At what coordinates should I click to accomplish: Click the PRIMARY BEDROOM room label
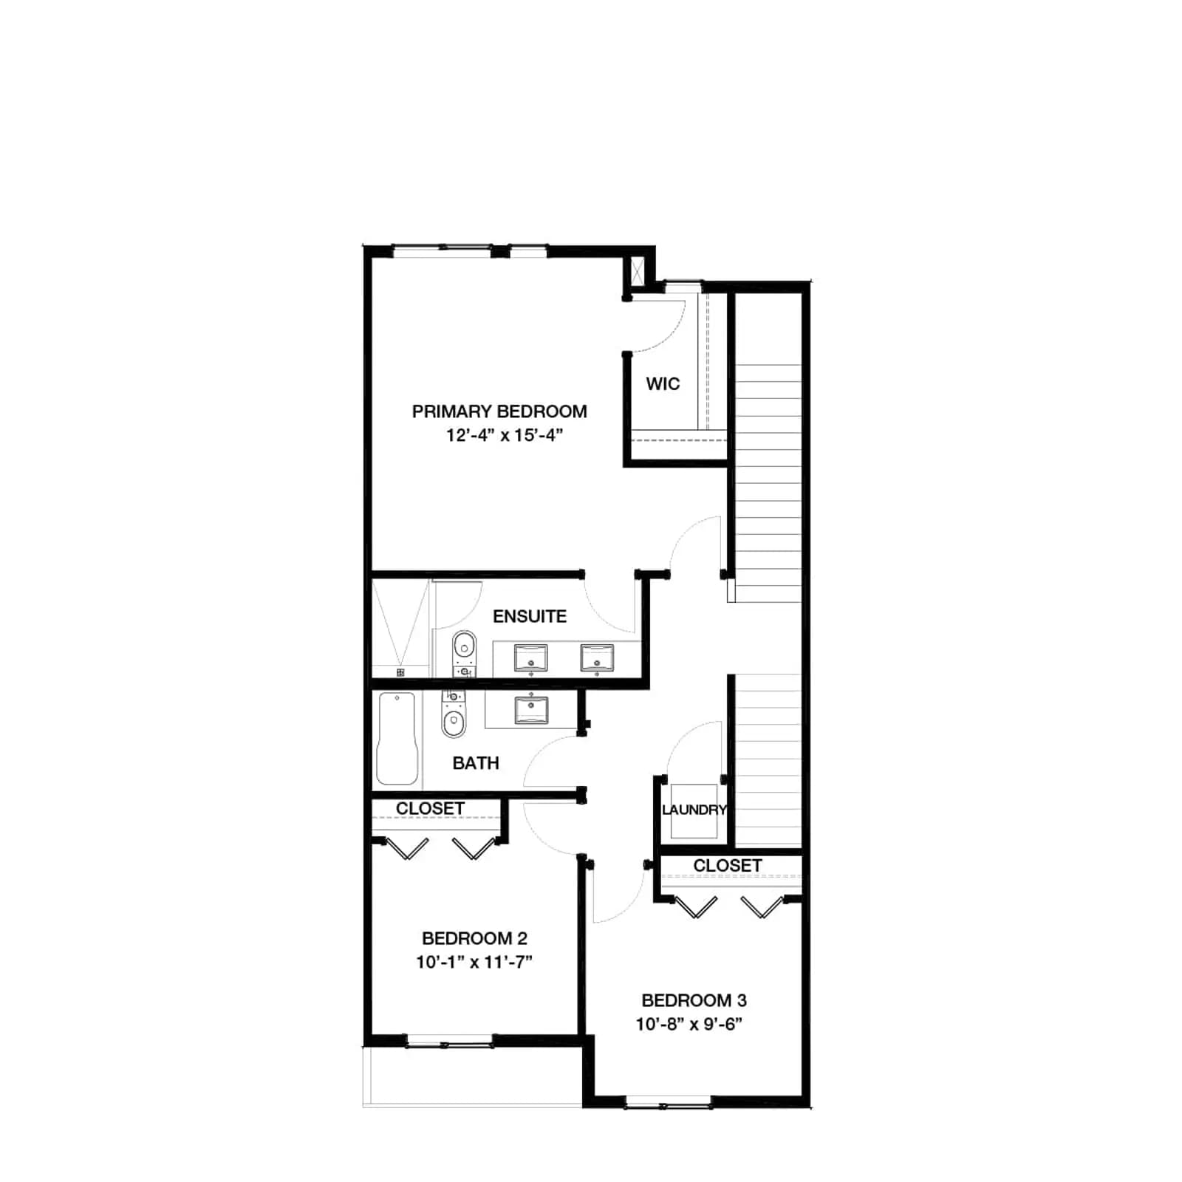click(x=499, y=411)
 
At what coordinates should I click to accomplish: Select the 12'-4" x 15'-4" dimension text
click(x=505, y=435)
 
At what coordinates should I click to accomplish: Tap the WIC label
click(x=663, y=384)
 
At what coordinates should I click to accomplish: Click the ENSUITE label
click(x=530, y=616)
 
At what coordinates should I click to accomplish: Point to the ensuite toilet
click(x=464, y=654)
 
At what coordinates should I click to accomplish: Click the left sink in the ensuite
click(x=530, y=658)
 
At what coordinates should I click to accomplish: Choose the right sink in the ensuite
click(x=597, y=658)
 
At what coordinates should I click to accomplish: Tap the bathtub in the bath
click(x=397, y=738)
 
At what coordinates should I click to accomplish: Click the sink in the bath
click(x=530, y=710)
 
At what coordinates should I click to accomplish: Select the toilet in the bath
click(x=454, y=714)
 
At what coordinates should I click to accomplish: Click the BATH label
click(x=476, y=763)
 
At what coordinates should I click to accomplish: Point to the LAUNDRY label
click(x=694, y=810)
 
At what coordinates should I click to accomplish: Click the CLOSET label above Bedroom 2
click(x=430, y=809)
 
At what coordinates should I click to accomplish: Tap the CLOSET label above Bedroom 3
click(x=727, y=865)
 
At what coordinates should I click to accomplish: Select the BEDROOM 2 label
click(x=474, y=938)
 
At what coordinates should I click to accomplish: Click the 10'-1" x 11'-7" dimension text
click(x=474, y=962)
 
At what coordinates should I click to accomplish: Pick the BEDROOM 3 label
click(x=694, y=1000)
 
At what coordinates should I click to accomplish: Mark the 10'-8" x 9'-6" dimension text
click(x=689, y=1024)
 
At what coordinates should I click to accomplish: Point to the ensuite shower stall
click(x=400, y=628)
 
